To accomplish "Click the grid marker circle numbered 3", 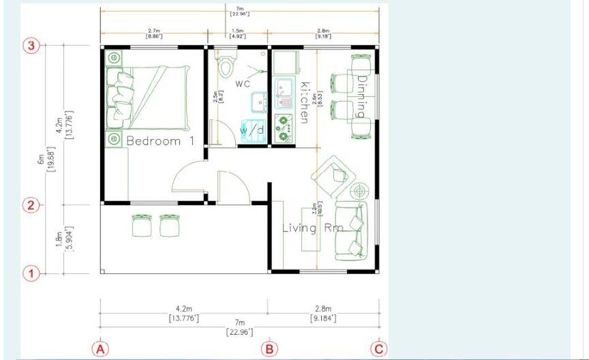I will coord(31,46).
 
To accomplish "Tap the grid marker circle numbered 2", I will coord(31,205).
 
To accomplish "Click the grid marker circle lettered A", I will coord(100,349).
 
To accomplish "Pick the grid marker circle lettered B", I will coord(269,349).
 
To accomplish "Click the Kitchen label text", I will coord(305,102).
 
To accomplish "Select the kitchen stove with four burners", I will coord(283,127).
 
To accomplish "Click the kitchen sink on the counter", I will coord(283,93).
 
